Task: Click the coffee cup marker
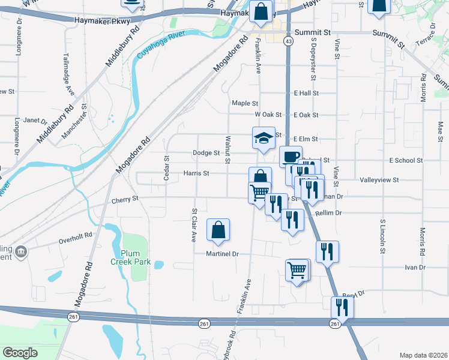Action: coord(291,157)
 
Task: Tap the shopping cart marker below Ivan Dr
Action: coord(298,271)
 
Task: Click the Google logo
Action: coord(20,353)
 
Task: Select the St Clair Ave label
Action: coord(194,225)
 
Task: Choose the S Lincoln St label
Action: coord(382,237)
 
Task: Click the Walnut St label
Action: coord(228,149)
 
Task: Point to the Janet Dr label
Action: coord(31,120)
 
